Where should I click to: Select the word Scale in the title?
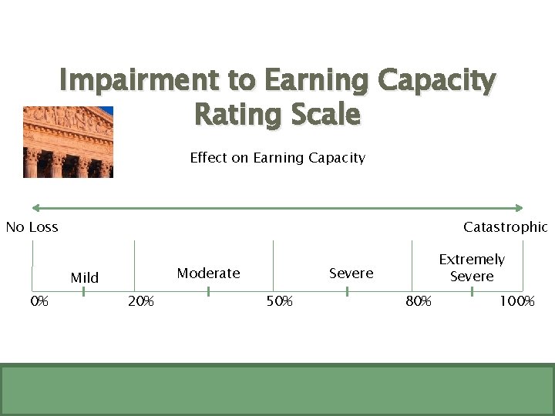click(322, 115)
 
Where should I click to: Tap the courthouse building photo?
click(68, 142)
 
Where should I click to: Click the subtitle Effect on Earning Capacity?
click(277, 158)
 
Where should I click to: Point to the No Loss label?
click(32, 226)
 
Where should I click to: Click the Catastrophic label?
click(505, 226)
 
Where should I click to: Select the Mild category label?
click(85, 277)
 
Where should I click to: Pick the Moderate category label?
click(208, 273)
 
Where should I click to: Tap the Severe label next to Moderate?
click(351, 273)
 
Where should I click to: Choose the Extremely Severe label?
click(472, 267)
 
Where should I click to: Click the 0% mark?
click(39, 301)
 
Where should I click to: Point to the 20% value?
click(140, 301)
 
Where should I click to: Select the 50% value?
click(280, 301)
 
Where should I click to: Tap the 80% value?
click(419, 301)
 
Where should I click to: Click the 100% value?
click(516, 301)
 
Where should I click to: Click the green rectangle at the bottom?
click(277, 389)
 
